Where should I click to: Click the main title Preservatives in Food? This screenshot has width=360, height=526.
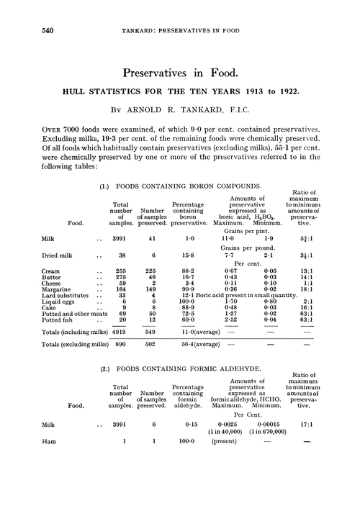(x=180, y=72)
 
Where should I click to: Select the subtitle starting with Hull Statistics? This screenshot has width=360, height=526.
(x=180, y=91)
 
